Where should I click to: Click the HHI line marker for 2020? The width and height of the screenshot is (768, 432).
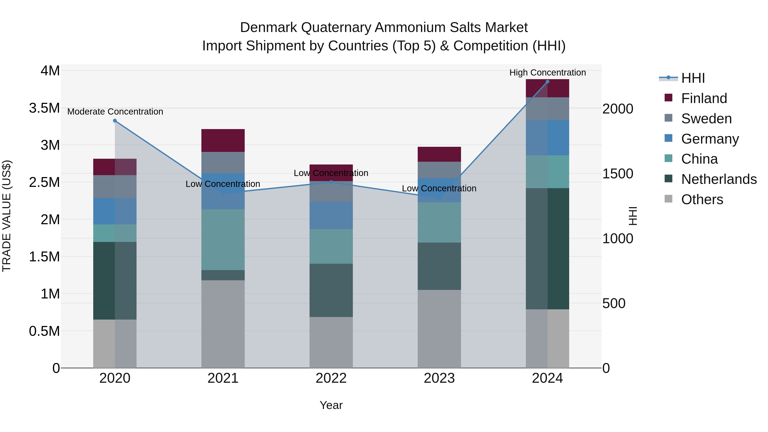pos(115,121)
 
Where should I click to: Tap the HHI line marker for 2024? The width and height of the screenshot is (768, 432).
pos(547,82)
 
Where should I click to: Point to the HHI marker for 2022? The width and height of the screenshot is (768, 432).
pos(331,182)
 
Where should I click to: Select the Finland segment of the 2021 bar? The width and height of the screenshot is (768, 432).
pos(223,140)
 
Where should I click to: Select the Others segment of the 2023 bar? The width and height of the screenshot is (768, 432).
pos(439,329)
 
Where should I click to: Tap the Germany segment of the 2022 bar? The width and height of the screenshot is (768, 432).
pos(331,215)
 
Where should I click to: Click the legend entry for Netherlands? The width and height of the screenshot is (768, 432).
pos(719,179)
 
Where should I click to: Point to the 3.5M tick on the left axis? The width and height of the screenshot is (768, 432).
pos(44,108)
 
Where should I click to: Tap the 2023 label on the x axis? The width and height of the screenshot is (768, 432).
pos(439,378)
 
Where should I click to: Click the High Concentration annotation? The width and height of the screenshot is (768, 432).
pos(547,73)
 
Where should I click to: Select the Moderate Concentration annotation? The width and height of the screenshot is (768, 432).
pos(115,112)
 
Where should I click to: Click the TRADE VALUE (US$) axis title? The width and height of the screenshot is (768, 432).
pos(7,216)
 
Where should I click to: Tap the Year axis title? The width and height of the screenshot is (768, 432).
pos(331,405)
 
